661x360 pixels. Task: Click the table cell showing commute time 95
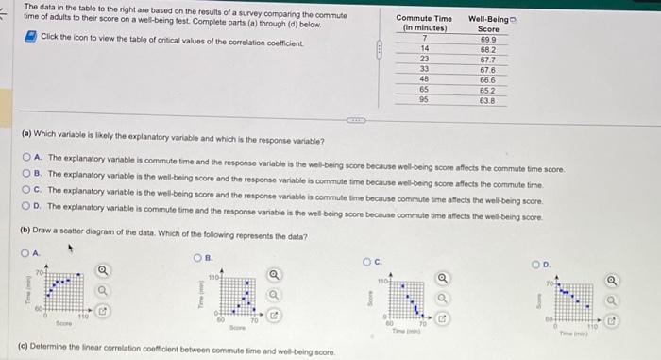click(x=425, y=98)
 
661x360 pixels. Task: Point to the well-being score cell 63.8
click(x=488, y=98)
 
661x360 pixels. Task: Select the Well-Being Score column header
click(x=488, y=24)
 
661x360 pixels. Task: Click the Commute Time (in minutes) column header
click(x=424, y=24)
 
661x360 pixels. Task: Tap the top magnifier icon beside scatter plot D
click(x=614, y=280)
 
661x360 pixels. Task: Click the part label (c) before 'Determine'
click(x=24, y=351)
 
